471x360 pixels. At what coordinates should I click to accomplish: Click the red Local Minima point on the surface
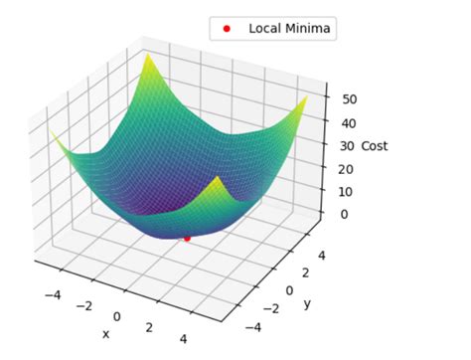pyautogui.click(x=187, y=239)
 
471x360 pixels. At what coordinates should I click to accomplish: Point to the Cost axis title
pyautogui.click(x=375, y=146)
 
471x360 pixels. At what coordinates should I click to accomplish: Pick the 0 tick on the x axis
pyautogui.click(x=117, y=317)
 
